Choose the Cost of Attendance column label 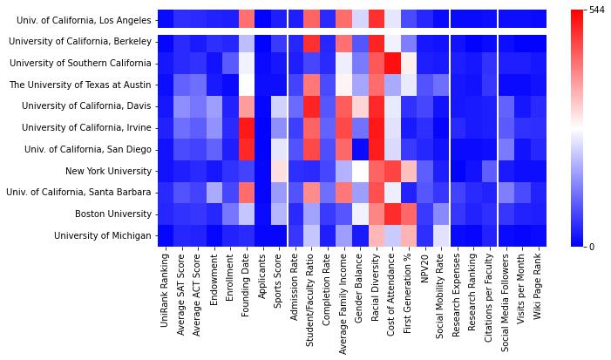point(392,302)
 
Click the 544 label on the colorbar point(598,10)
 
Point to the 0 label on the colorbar point(593,247)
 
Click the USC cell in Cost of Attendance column point(392,63)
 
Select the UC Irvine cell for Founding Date point(247,127)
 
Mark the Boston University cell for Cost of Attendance point(392,214)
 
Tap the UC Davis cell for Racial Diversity point(376,105)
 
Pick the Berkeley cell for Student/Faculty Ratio point(311,41)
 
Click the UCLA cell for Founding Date point(247,18)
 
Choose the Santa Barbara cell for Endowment point(214,192)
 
